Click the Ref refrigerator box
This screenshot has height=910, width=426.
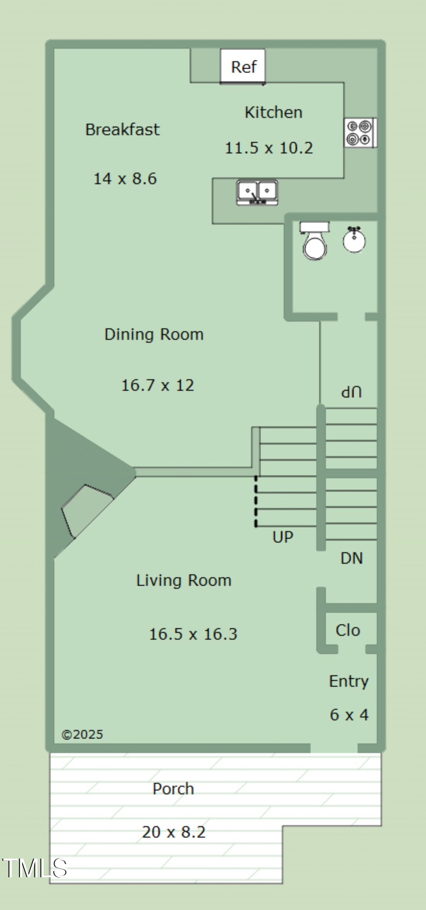(243, 66)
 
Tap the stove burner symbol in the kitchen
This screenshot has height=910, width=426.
(360, 133)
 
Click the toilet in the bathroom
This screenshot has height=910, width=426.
(315, 242)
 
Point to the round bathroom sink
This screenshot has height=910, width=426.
(354, 240)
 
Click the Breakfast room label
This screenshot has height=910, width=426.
(122, 130)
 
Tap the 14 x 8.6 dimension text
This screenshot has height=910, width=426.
(125, 179)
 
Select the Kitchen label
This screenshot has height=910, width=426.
(273, 112)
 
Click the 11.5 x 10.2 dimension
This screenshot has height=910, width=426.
(268, 148)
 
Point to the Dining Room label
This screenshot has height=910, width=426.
(154, 334)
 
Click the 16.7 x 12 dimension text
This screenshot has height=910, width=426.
(158, 385)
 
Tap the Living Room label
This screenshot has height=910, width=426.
(184, 580)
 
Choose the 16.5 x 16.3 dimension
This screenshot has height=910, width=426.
(193, 634)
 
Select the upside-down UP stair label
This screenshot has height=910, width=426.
(352, 392)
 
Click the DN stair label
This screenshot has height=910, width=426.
(352, 558)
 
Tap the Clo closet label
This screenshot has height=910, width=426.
(348, 630)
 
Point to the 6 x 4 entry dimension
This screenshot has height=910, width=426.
(349, 714)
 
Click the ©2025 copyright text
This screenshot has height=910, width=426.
(82, 734)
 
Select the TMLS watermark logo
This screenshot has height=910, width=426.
(35, 868)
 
